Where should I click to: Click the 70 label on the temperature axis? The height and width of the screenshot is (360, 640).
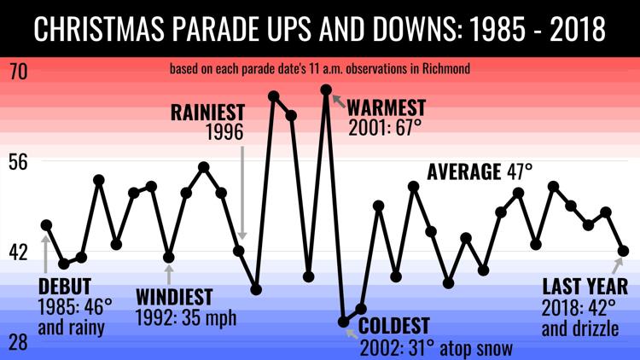(x=19, y=71)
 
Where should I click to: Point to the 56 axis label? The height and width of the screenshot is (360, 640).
(x=19, y=162)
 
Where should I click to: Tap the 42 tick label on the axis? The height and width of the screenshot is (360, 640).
(x=19, y=253)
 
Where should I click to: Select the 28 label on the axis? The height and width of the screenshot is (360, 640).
(x=19, y=342)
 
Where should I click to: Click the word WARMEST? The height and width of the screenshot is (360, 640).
(x=386, y=107)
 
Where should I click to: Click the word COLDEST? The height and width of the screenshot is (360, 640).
(x=394, y=326)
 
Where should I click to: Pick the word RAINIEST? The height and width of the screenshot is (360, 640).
(x=207, y=113)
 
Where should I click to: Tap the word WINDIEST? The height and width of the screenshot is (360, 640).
(x=174, y=297)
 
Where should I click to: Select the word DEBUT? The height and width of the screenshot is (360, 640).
(x=65, y=287)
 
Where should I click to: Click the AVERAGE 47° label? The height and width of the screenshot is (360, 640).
(x=480, y=171)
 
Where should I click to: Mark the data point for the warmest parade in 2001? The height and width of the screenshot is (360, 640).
(x=326, y=90)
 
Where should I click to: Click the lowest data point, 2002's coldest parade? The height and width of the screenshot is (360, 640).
(x=344, y=322)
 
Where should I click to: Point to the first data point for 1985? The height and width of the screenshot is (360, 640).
(x=47, y=225)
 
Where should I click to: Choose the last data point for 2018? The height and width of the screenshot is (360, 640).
(x=623, y=251)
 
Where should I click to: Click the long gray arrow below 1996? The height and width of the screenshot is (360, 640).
(x=242, y=193)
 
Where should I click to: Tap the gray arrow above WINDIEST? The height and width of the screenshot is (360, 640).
(x=169, y=275)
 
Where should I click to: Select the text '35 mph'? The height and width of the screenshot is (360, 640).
(x=209, y=317)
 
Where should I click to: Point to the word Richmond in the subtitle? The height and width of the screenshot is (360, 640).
(x=446, y=68)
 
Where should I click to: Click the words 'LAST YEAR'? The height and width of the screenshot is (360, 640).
(x=585, y=287)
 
